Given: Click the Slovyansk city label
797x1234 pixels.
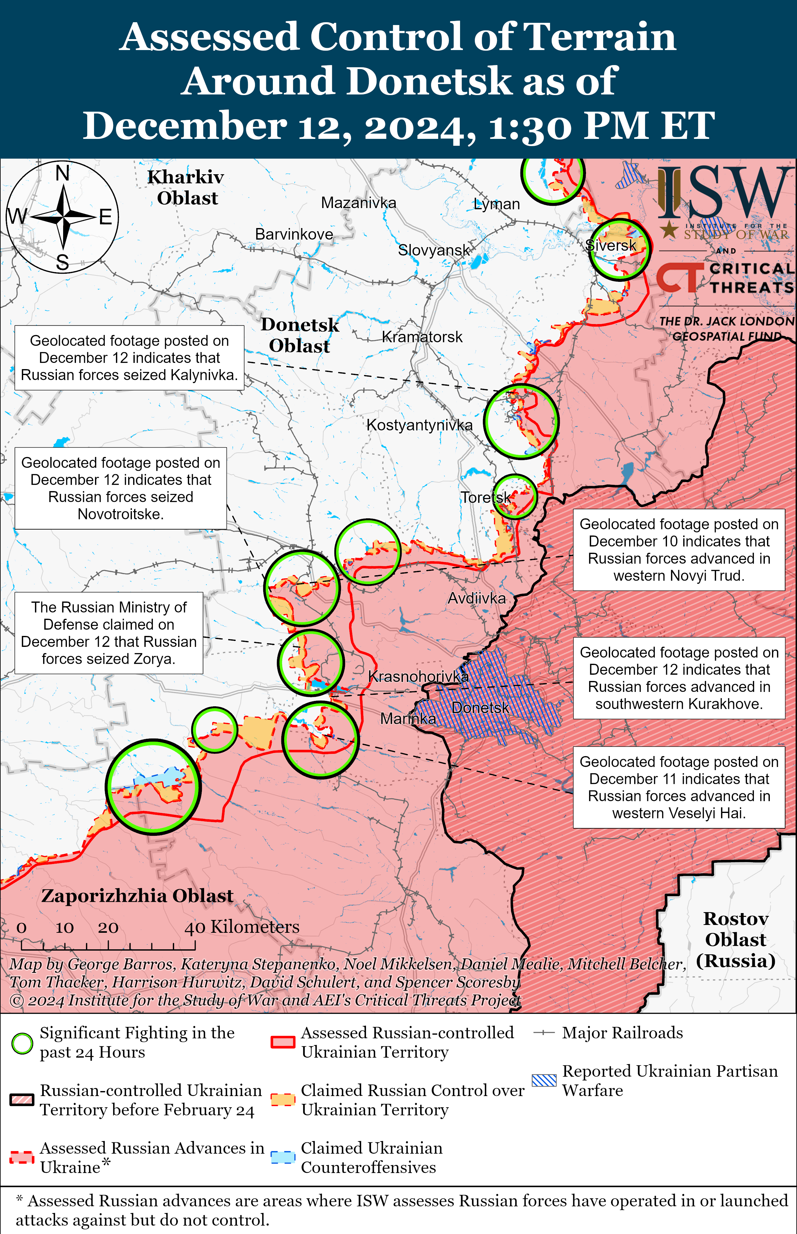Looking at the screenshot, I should [x=434, y=250].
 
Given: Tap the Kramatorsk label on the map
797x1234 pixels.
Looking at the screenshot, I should [x=422, y=337].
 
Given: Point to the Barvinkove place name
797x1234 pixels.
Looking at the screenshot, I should [x=294, y=234].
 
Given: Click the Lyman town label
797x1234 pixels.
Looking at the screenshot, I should [x=496, y=204].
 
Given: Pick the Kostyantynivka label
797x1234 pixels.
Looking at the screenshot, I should [x=419, y=425].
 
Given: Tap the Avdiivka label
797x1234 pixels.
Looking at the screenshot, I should [x=476, y=599].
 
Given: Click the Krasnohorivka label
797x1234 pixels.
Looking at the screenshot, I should [x=418, y=676].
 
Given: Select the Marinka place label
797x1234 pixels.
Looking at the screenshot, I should [x=408, y=719].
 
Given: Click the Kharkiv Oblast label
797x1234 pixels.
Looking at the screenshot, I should [x=186, y=187].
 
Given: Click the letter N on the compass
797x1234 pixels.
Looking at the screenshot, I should [x=63, y=173].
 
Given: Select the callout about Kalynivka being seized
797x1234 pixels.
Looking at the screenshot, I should [x=129, y=358].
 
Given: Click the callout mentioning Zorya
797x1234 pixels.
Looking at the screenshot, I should [x=109, y=633].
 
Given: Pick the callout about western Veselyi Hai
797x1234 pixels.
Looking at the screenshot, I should [x=679, y=787].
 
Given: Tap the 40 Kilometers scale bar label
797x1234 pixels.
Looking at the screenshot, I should [x=242, y=927].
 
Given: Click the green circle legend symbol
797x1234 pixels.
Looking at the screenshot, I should [x=22, y=1044].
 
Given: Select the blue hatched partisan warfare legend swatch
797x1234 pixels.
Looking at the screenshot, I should [x=544, y=1080].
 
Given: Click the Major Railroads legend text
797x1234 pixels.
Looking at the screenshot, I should [x=622, y=1033].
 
